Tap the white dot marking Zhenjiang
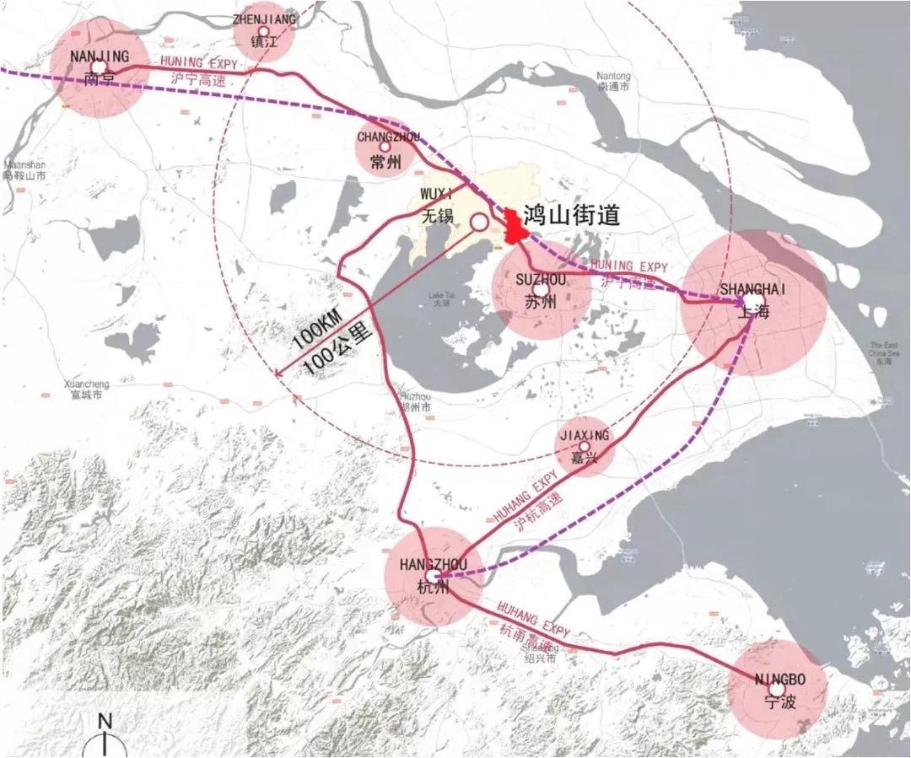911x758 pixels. [x=263, y=30]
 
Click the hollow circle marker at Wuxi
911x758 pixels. [x=478, y=223]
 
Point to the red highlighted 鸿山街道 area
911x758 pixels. [x=511, y=228]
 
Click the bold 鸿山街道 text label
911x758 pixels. [x=572, y=215]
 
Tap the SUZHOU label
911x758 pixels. [x=540, y=278]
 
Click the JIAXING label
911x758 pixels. [x=583, y=436]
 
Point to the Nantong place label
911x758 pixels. [x=613, y=76]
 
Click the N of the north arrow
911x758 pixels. [x=105, y=721]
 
